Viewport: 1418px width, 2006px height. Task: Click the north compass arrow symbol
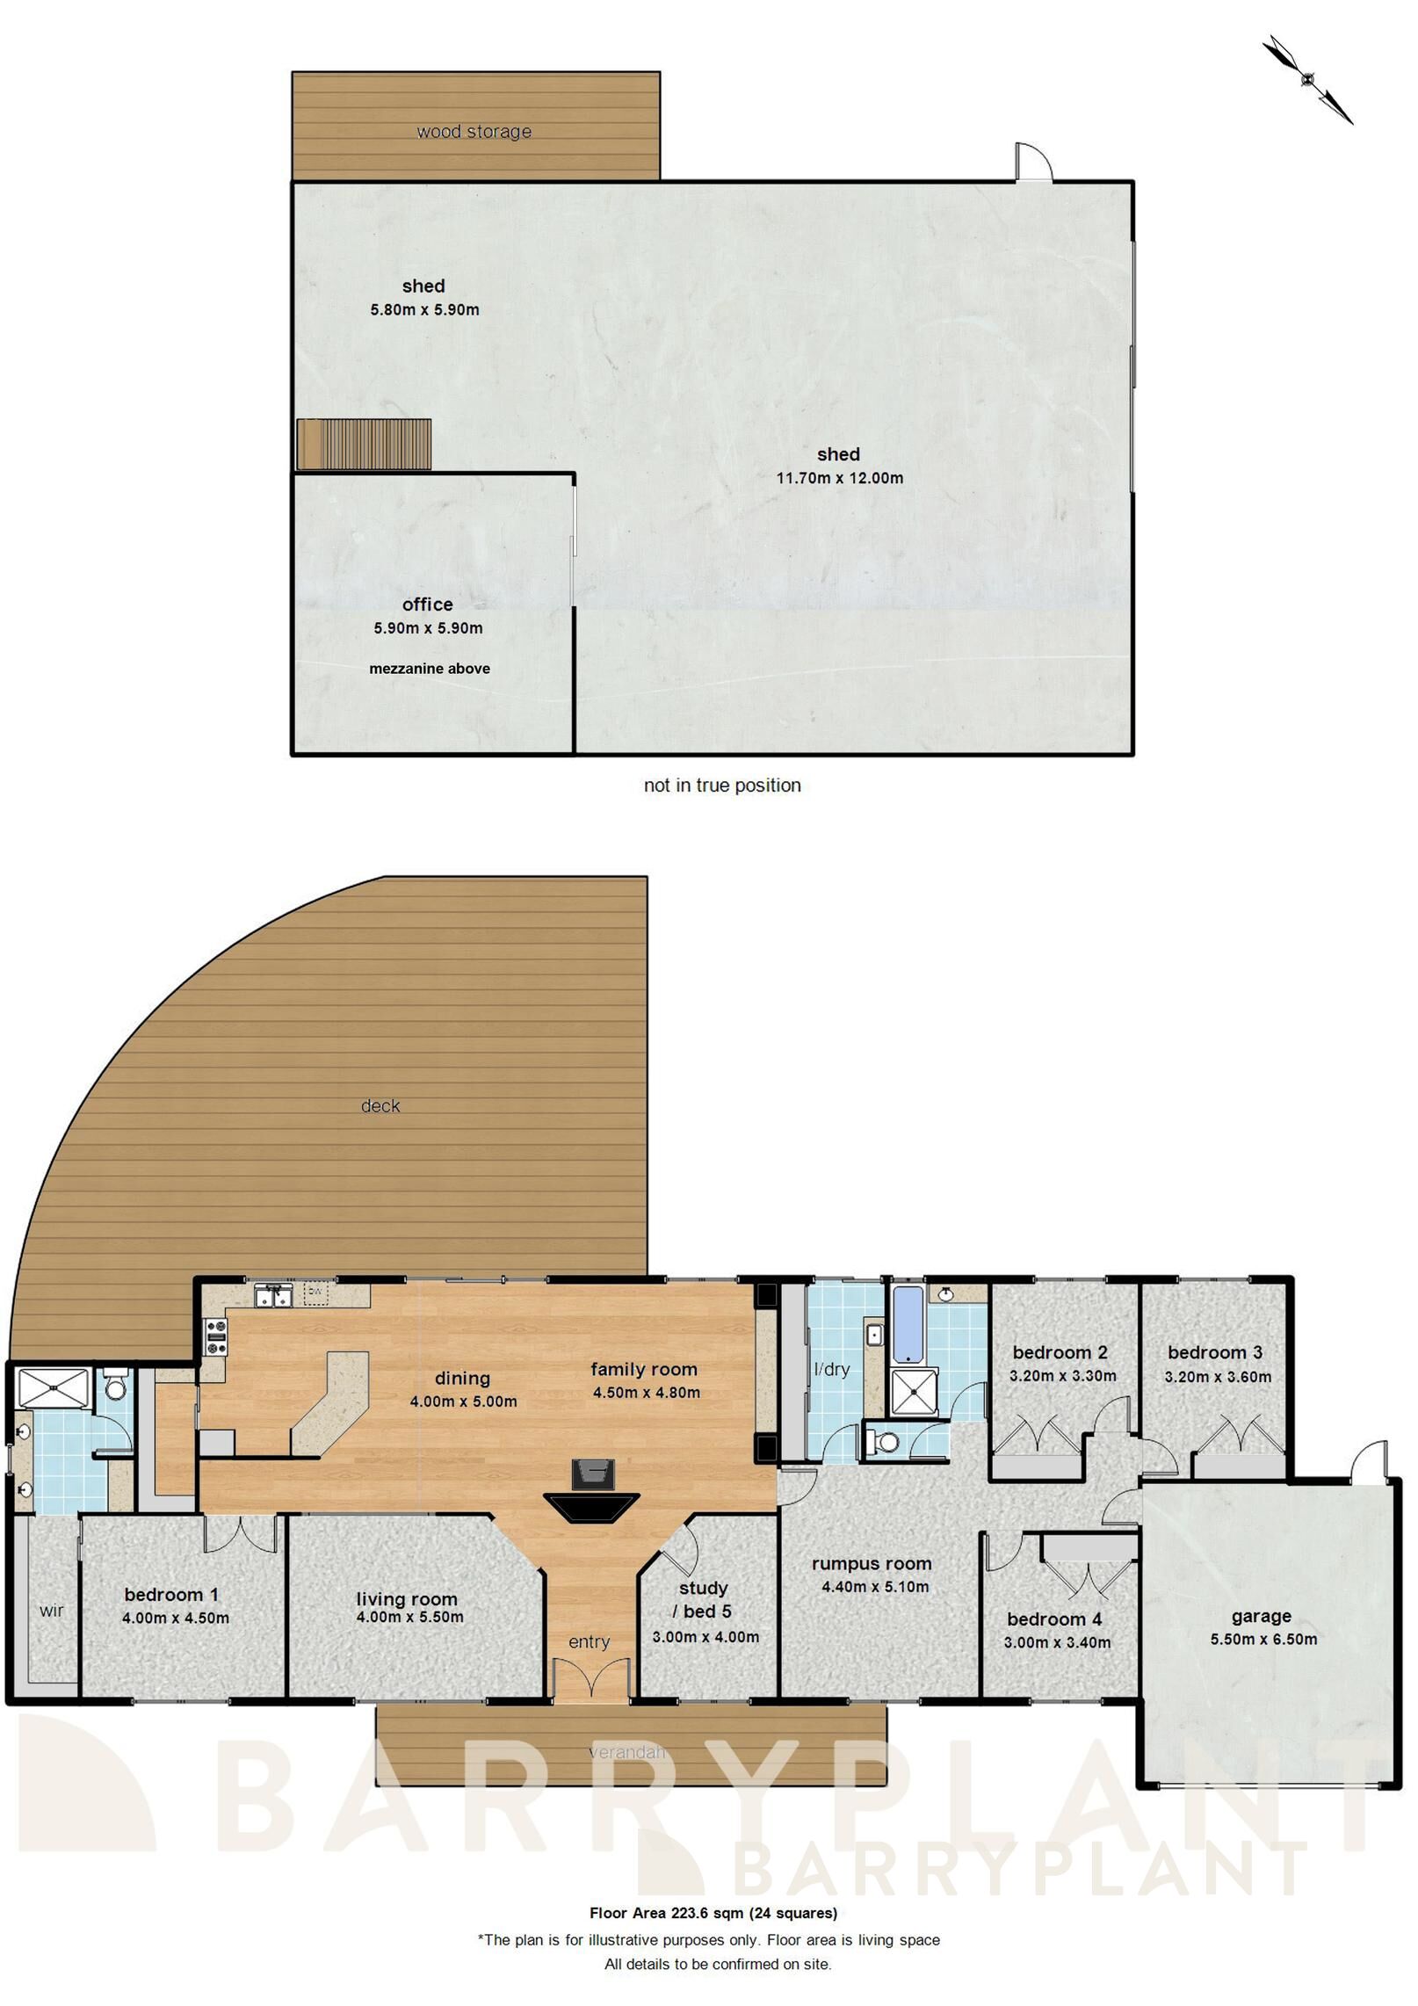coord(1307,79)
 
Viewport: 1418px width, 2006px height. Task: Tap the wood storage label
coord(474,132)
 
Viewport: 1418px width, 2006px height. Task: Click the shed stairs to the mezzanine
coord(364,444)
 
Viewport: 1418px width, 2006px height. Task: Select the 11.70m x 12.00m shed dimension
coord(839,479)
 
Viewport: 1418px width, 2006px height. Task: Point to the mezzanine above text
coord(430,669)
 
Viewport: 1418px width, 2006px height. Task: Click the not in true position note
coord(722,786)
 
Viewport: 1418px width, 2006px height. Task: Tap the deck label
coord(380,1106)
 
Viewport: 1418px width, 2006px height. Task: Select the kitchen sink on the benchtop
coord(273,1297)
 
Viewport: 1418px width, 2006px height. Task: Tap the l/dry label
coord(831,1369)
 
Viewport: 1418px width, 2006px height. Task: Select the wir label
coord(52,1611)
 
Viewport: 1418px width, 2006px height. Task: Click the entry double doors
coord(591,1679)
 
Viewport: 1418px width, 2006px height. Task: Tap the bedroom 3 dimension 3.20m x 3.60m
coord(1218,1377)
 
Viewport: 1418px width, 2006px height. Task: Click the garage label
coord(1261,1616)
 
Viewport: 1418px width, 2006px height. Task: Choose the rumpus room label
coord(872,1564)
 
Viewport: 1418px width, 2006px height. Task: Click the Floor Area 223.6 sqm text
coord(713,1913)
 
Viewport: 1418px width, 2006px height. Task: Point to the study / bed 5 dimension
coord(705,1637)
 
